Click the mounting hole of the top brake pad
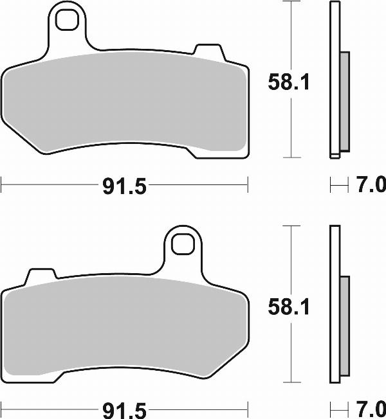point(67,21)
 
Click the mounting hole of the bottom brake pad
point(182,245)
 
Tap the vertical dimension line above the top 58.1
point(292,32)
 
